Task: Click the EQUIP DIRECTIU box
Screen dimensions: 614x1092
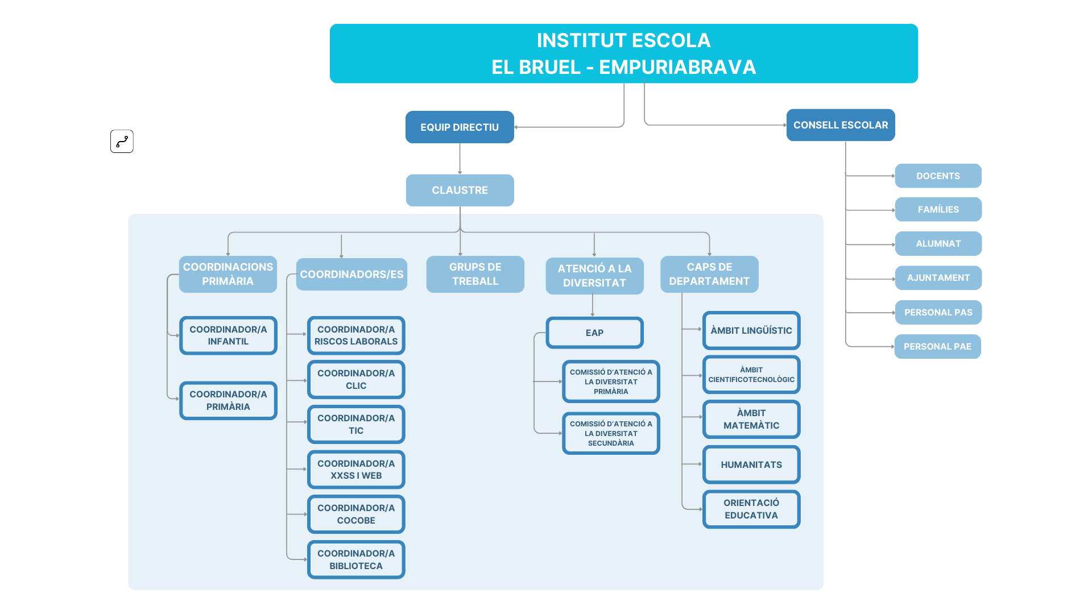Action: (460, 127)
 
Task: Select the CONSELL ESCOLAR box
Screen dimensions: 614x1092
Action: (841, 125)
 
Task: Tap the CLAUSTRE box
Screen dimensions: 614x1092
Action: (460, 190)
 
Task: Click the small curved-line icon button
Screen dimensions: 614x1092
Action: (122, 142)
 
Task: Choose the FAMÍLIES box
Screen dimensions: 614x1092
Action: (938, 210)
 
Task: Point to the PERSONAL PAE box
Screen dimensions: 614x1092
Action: (937, 347)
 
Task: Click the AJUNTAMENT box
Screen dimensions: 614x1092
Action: (938, 278)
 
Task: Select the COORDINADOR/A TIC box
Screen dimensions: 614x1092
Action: (356, 425)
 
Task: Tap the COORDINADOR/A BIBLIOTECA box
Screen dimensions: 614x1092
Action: (356, 560)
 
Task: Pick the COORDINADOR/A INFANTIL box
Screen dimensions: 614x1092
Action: (228, 335)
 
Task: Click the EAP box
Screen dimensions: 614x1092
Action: (594, 333)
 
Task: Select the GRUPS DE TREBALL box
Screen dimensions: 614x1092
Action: (475, 274)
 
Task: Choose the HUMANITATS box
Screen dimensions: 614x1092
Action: (751, 464)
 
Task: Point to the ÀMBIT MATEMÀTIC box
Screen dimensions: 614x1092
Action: (751, 420)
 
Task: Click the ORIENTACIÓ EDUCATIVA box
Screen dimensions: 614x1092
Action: (751, 509)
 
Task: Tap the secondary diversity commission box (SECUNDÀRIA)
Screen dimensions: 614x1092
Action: (611, 434)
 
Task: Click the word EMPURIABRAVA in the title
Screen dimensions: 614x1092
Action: (677, 68)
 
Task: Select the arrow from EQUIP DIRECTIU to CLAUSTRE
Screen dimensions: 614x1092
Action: (460, 159)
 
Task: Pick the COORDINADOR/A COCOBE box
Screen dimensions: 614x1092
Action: (356, 515)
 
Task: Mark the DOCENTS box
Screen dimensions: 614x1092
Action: (938, 176)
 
